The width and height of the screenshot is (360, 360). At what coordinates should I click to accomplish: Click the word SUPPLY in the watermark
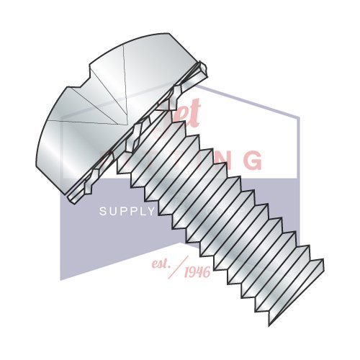click(127, 211)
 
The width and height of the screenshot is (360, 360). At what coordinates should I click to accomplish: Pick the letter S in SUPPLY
click(102, 211)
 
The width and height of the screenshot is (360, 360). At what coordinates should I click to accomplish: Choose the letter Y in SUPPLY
click(151, 211)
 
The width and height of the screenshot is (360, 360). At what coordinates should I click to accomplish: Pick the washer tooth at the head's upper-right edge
click(205, 69)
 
